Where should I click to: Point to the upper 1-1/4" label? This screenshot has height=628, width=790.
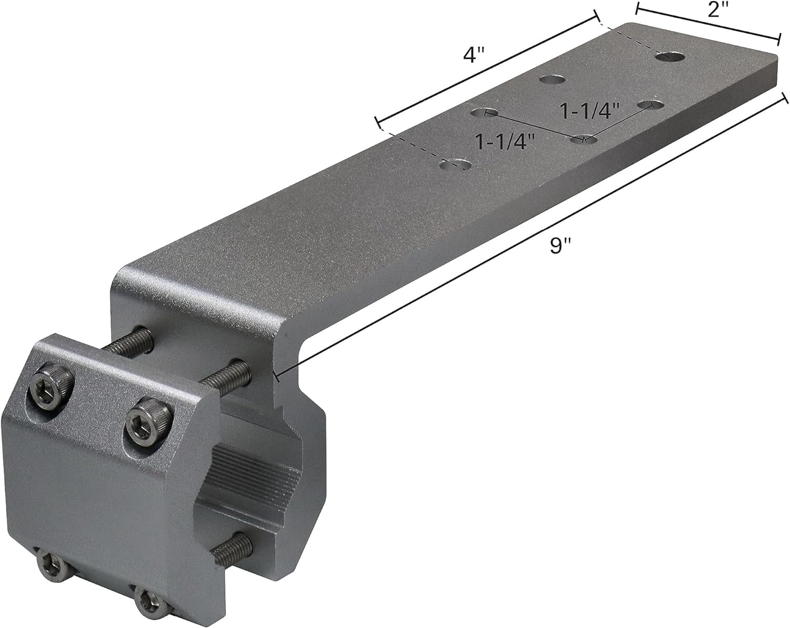coord(588,111)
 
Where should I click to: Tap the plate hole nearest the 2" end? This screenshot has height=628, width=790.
coord(670,56)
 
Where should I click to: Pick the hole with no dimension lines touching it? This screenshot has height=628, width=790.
coord(551,80)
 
